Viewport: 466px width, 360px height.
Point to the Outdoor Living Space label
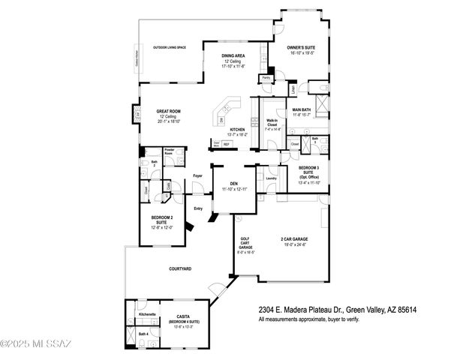170,47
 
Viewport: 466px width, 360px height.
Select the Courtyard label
180,268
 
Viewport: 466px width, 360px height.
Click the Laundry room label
271,178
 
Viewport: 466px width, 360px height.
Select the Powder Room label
169,151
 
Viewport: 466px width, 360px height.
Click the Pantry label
266,77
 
